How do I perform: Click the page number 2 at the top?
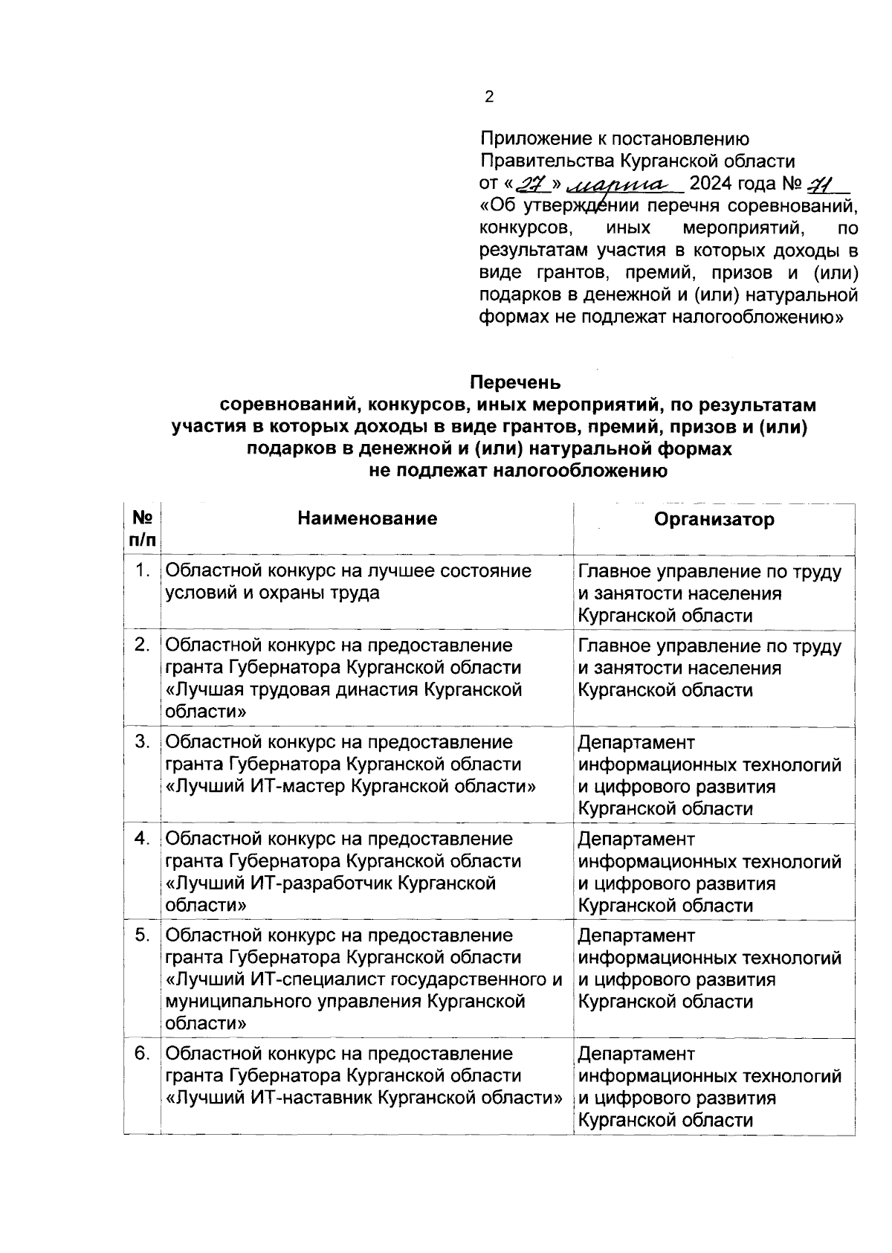click(488, 97)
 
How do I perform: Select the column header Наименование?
click(367, 518)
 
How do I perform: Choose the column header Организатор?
click(714, 519)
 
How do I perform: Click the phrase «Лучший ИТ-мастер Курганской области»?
click(350, 787)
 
